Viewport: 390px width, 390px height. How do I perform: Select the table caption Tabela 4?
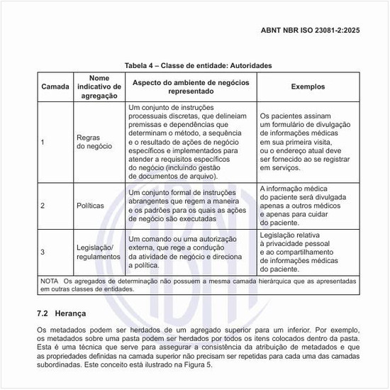tap(198, 65)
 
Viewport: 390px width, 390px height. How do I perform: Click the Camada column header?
tap(55, 86)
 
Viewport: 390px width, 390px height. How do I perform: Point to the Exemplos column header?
tap(308, 86)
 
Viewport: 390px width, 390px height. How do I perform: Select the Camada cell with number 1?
tap(43, 142)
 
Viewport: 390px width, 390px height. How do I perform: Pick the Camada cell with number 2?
tap(43, 206)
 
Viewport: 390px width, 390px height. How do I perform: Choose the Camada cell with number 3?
tap(43, 252)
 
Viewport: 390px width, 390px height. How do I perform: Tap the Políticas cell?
tap(90, 206)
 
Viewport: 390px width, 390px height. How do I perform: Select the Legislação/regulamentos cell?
tap(95, 252)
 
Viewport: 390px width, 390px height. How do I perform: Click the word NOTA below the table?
tap(49, 281)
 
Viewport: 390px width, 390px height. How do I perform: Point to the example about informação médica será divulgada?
tap(305, 206)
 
